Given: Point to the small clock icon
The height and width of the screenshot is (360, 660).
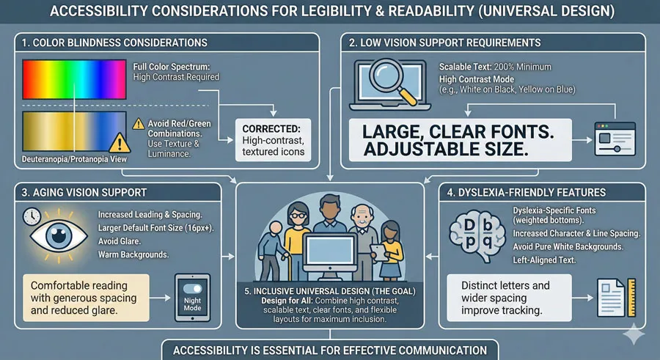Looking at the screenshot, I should [32, 216].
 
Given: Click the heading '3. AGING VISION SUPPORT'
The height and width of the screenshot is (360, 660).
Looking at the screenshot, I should [85, 192].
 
